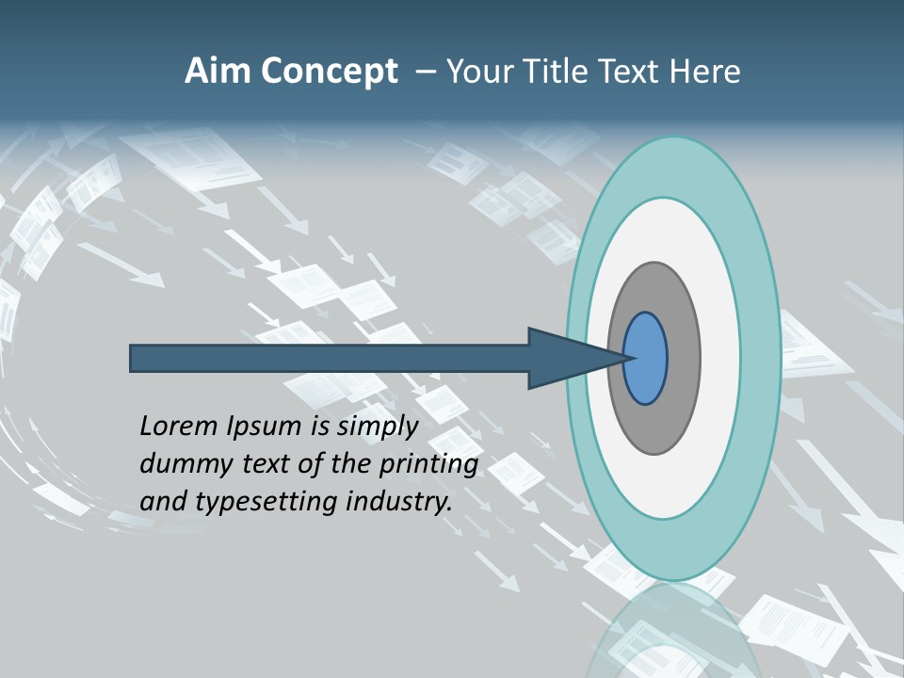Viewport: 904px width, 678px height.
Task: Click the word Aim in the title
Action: coord(218,72)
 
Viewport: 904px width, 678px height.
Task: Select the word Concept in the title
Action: coord(330,73)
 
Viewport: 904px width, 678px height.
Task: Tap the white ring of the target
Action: coord(719,358)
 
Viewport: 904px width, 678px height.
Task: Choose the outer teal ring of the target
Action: coord(759,358)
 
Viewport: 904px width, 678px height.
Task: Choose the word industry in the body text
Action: coord(399,502)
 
